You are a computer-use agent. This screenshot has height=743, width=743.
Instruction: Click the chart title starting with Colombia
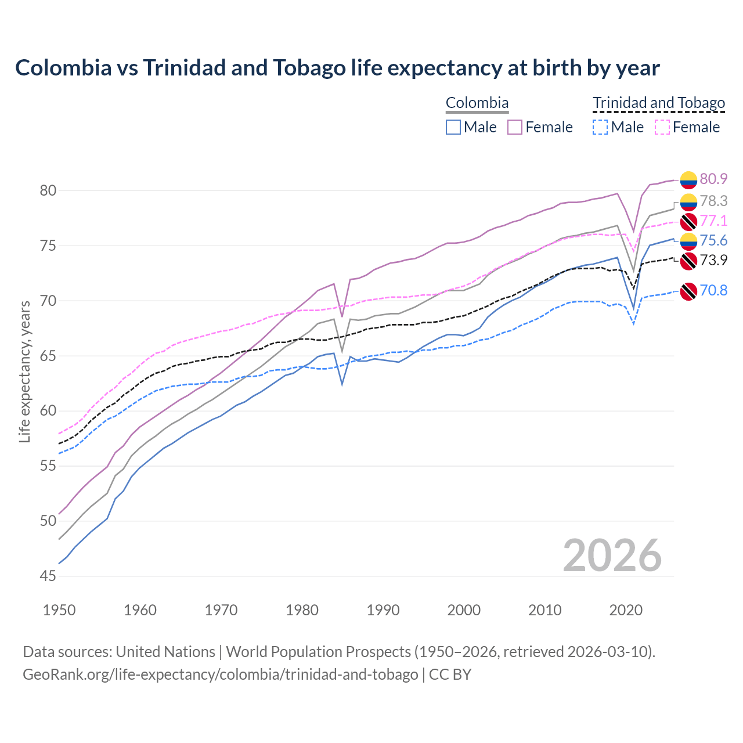click(x=337, y=68)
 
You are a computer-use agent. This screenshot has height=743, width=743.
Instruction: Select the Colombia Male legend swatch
click(x=453, y=127)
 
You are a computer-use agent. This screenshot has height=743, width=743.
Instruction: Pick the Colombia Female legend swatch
click(x=515, y=127)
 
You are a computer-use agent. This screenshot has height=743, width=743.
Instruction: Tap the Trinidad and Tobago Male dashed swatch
click(x=600, y=127)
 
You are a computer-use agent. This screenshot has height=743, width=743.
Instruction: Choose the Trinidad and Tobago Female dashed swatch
click(x=662, y=127)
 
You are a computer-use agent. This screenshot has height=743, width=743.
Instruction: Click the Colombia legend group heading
click(x=477, y=103)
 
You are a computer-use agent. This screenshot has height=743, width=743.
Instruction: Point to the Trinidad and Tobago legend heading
click(x=659, y=103)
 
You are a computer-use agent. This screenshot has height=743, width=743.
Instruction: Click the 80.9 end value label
click(x=713, y=179)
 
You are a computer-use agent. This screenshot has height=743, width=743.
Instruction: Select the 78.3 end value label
click(x=713, y=201)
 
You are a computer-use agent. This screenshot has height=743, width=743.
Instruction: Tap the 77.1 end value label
click(x=713, y=221)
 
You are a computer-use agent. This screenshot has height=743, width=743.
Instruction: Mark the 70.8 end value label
click(x=713, y=290)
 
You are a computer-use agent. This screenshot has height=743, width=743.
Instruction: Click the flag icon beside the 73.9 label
click(x=688, y=261)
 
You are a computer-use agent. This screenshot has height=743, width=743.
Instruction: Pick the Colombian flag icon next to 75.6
click(x=688, y=241)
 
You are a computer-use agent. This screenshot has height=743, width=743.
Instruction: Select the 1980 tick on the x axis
click(x=302, y=610)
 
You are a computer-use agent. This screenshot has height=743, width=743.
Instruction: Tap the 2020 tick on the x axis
click(x=626, y=610)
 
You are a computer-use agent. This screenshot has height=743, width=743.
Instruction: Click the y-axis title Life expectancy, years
click(x=25, y=371)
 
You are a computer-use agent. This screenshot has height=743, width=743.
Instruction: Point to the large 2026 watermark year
click(x=612, y=556)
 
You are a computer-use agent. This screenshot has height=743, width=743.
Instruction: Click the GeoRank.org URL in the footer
click(x=220, y=675)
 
